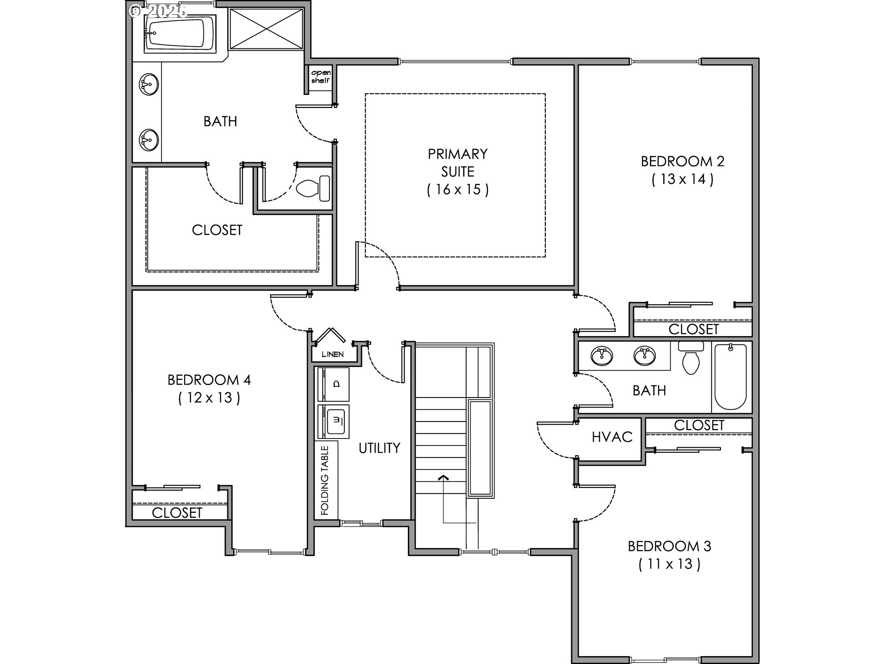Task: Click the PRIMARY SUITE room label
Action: point(457,162)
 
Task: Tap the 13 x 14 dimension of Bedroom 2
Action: point(682,179)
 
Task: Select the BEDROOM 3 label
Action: point(669,546)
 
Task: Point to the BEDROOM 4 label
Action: point(209,379)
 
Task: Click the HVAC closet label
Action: point(612,437)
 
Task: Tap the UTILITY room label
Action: point(379,448)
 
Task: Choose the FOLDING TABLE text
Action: point(325,480)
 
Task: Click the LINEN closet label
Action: point(332,354)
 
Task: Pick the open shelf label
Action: point(320,77)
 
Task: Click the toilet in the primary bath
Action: point(313,188)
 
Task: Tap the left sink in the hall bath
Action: point(601,356)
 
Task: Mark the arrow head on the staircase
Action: point(443,477)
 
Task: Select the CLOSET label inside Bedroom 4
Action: point(177,513)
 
